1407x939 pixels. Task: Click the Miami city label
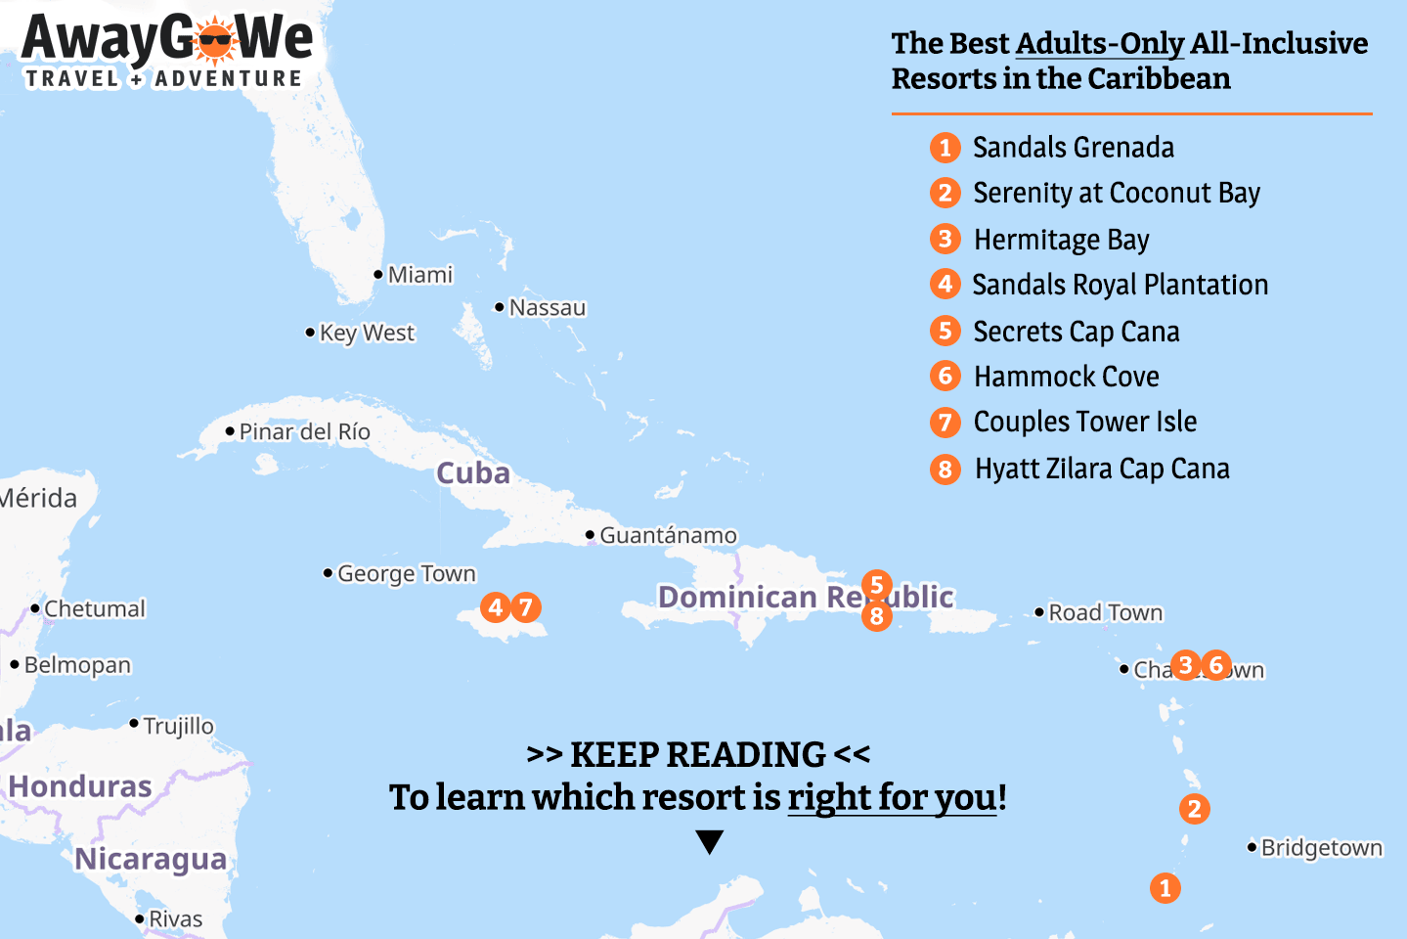click(x=419, y=275)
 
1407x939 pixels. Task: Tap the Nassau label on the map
click(x=547, y=308)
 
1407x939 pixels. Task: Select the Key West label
click(x=367, y=334)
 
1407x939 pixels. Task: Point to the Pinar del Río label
click(x=304, y=431)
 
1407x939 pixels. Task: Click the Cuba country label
click(x=473, y=473)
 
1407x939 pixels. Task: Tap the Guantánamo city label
click(x=668, y=535)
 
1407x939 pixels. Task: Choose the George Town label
click(x=406, y=573)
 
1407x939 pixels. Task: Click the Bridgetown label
click(x=1321, y=848)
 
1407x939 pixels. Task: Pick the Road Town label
click(x=1105, y=613)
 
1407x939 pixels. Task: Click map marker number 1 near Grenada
click(x=1165, y=888)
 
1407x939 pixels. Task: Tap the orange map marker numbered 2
click(x=1194, y=809)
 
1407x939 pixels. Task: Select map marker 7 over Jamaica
click(x=525, y=607)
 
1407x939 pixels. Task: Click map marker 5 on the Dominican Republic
click(x=877, y=585)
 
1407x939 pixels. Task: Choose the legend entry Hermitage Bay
click(x=1061, y=240)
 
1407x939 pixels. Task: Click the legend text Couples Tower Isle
click(x=1084, y=422)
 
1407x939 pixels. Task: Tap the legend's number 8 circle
click(x=945, y=469)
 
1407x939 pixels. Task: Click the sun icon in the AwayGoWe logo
click(x=215, y=41)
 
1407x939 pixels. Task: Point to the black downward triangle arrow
click(x=710, y=841)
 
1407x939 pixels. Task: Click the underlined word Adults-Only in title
click(x=1100, y=44)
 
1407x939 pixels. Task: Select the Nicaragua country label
click(x=151, y=859)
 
